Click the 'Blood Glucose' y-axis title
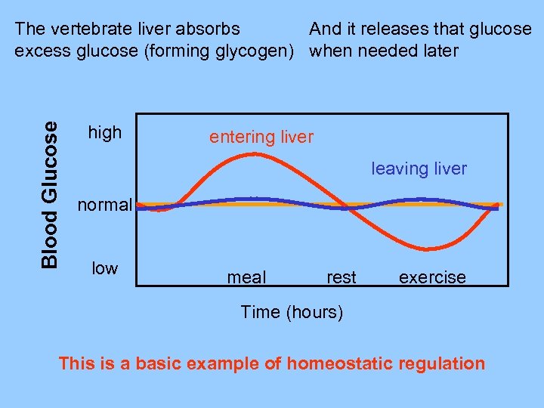point(49,194)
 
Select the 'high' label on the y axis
point(105,133)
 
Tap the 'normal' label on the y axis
point(106,205)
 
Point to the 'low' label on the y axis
point(104,268)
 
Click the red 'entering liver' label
point(261,137)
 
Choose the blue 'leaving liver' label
point(419,168)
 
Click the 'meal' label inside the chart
point(246,277)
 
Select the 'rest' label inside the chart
point(341,277)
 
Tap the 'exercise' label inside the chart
point(432,277)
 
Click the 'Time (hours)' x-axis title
point(292,312)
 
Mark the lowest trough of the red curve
point(428,249)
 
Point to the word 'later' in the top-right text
point(439,51)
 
